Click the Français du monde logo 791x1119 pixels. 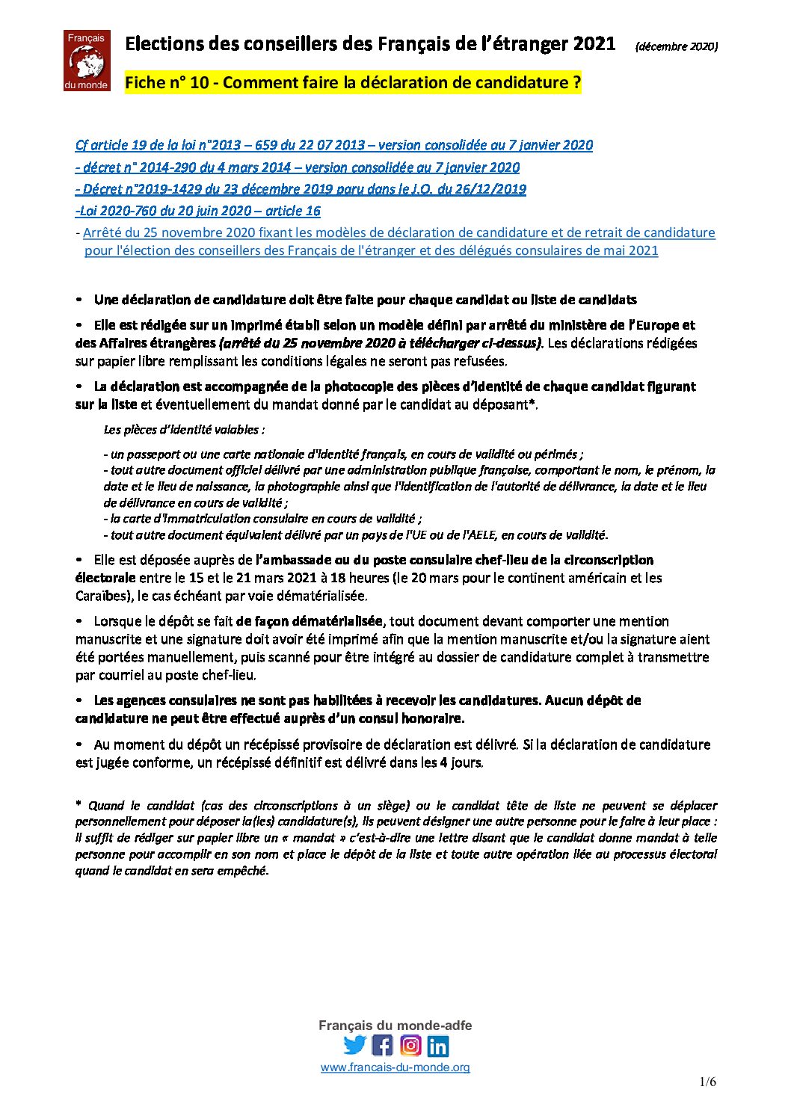click(87, 61)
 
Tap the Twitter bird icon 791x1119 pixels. click(354, 1044)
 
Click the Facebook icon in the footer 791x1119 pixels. click(382, 1044)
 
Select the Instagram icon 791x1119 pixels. click(410, 1044)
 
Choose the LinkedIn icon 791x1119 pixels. click(438, 1045)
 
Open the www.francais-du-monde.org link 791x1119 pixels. click(395, 1067)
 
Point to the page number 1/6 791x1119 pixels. click(707, 1082)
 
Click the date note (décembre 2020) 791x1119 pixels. click(676, 46)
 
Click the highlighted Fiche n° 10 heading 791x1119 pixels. click(353, 83)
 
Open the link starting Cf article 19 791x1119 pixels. click(333, 145)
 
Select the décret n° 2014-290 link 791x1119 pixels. click(298, 167)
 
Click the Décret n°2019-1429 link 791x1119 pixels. click(301, 189)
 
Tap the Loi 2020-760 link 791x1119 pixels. click(198, 211)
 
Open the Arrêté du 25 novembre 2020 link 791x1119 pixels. click(398, 232)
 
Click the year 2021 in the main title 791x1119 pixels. click(594, 44)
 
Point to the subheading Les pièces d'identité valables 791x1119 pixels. click(184, 430)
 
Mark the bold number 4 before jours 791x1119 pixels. click(443, 763)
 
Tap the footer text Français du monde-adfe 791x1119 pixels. click(395, 1026)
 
